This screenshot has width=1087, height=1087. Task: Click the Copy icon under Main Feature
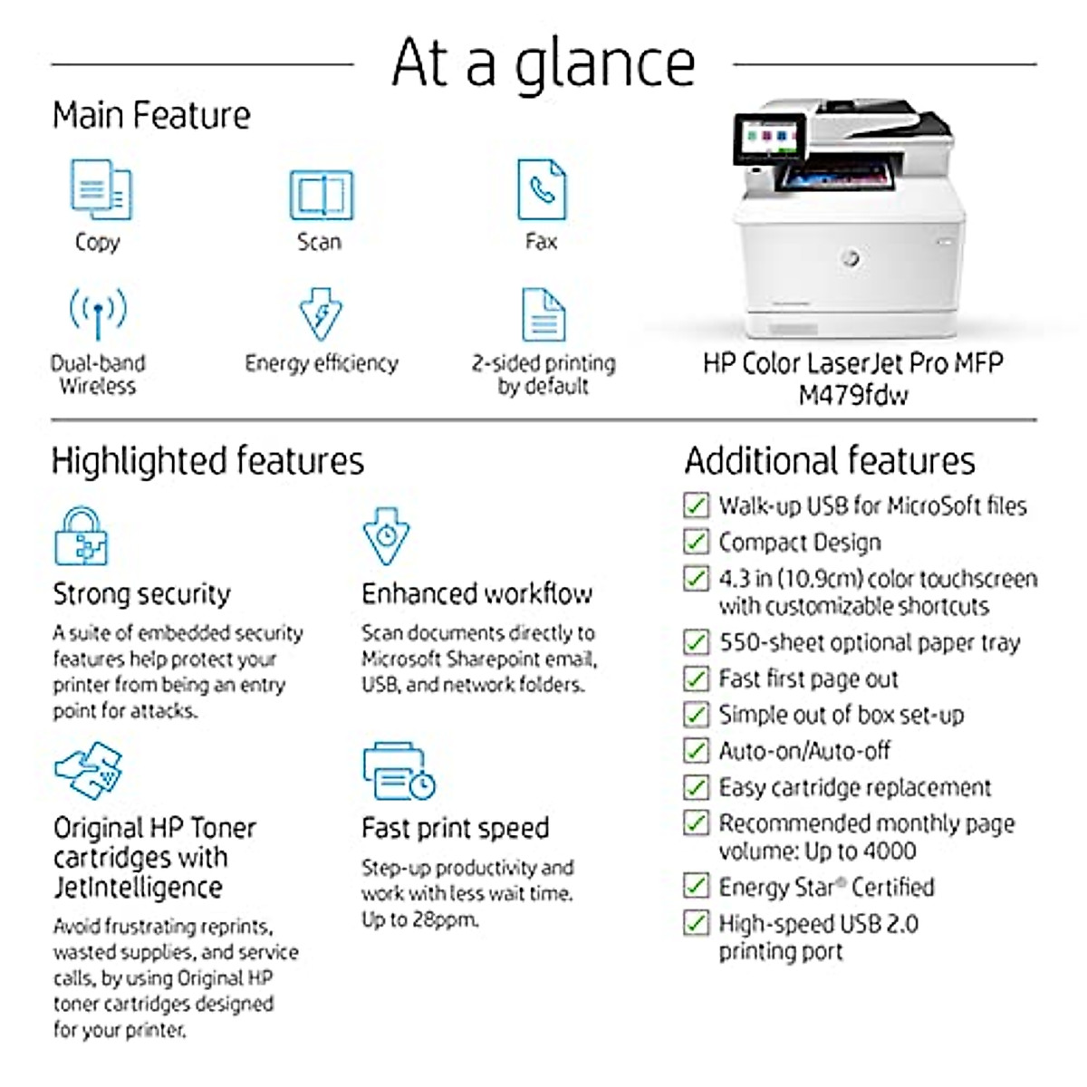101,189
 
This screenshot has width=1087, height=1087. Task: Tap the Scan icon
321,194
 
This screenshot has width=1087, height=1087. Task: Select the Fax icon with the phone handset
542,189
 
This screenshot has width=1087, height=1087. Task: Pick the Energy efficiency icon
321,313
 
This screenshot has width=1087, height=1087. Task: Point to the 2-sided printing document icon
543,314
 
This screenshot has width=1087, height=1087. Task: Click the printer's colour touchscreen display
767,140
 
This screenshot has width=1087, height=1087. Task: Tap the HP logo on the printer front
850,258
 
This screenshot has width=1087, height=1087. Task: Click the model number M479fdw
853,395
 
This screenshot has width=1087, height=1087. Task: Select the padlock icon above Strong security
82,536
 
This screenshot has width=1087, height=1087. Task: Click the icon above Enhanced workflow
386,536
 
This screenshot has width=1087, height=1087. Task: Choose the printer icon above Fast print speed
399,771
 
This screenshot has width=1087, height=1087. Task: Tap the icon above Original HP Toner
89,771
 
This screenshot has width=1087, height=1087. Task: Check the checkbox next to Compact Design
696,542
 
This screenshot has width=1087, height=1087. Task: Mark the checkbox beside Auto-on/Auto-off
696,751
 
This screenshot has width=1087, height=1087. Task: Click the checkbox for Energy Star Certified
696,886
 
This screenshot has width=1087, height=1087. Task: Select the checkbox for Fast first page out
696,678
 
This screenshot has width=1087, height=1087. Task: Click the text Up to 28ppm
420,919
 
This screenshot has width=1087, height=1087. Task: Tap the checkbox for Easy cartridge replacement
696,787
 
